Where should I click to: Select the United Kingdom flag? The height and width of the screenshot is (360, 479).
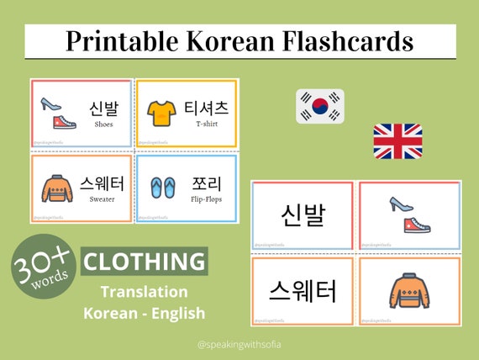(x=397, y=141)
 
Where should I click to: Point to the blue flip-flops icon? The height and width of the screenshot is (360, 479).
(x=161, y=187)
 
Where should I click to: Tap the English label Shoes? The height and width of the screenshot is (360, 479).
(x=105, y=124)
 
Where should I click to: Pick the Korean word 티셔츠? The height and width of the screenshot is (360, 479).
(x=207, y=107)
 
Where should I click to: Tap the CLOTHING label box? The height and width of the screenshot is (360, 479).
(x=145, y=261)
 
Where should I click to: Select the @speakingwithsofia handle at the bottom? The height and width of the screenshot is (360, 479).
(x=239, y=343)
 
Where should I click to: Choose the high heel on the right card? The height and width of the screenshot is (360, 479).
(x=399, y=204)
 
